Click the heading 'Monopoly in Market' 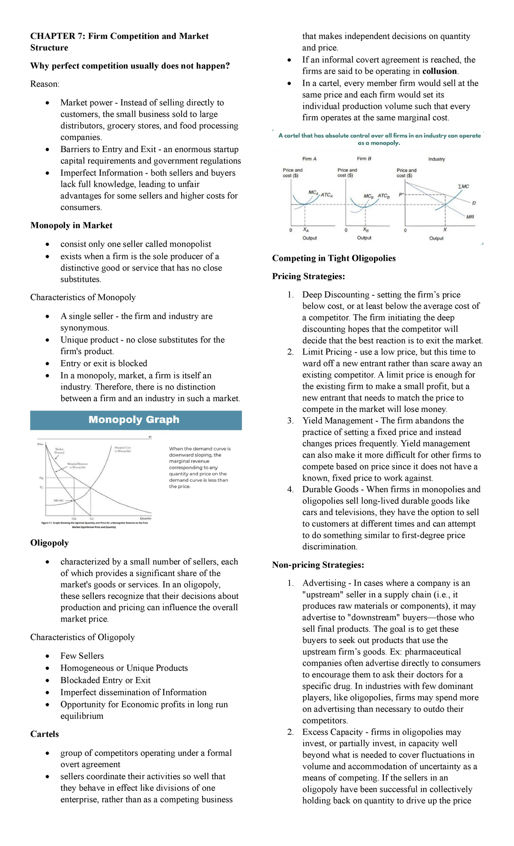[71, 226]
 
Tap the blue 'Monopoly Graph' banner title [134, 420]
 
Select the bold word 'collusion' [440, 71]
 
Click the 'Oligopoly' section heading [49, 543]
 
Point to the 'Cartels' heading [45, 734]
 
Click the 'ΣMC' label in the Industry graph [463, 186]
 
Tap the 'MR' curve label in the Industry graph [470, 217]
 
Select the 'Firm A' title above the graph [309, 159]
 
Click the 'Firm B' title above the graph [364, 159]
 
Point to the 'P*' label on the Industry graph [401, 195]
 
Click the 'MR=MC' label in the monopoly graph [59, 500]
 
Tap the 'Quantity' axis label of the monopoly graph [146, 518]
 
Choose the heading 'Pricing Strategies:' [308, 277]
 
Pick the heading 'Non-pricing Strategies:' [318, 565]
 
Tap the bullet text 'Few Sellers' [82, 656]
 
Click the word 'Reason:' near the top [45, 84]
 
